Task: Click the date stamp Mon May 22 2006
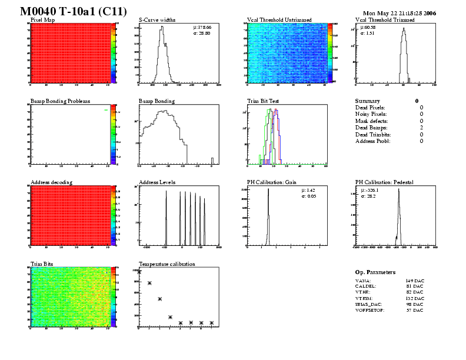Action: point(400,13)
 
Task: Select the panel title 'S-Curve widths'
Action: point(157,20)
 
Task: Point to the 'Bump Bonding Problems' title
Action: point(60,101)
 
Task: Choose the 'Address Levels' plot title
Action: point(157,182)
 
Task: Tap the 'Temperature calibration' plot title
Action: point(167,264)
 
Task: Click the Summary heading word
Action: point(368,101)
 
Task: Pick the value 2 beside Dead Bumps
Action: point(421,128)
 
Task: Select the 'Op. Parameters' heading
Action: point(375,272)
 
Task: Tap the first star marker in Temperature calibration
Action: point(139,272)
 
